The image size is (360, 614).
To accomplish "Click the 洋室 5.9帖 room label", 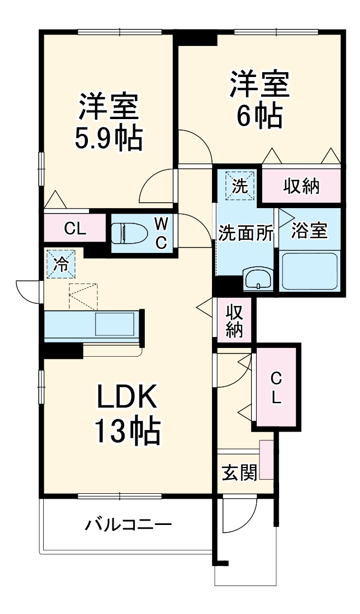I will tap(108, 122).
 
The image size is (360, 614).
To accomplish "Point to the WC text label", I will tap(161, 233).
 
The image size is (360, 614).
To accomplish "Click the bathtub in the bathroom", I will tap(310, 271).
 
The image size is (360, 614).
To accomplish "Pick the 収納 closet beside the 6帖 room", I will tap(301, 186).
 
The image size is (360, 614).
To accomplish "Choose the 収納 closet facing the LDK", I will tap(235, 320).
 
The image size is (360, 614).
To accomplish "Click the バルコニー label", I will tap(128, 525).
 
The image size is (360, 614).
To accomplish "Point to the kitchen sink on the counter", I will tap(115, 324).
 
